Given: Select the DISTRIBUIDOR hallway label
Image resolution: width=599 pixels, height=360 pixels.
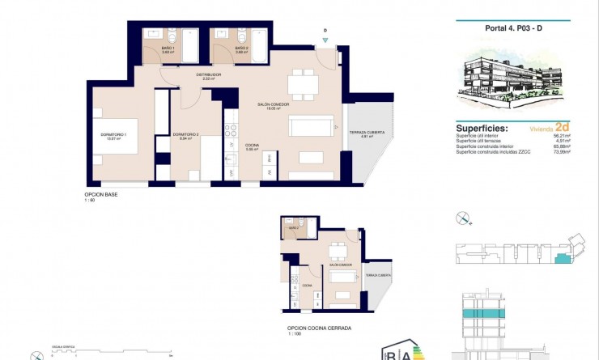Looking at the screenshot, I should pos(208,76).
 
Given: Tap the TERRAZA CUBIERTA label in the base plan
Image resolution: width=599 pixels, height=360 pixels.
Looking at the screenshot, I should pos(366,133).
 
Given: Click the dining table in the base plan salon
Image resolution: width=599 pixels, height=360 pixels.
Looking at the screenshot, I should pos(304,83).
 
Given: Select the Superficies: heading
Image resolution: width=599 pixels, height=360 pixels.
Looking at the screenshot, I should pos(482,128).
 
